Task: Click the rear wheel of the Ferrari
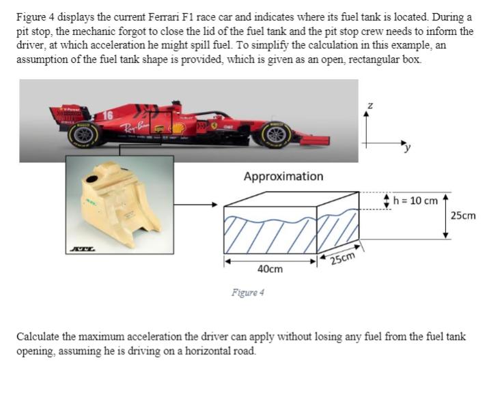click(x=85, y=134)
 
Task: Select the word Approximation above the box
click(x=283, y=176)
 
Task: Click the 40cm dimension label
click(x=270, y=270)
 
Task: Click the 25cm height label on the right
click(x=464, y=216)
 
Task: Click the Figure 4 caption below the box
click(x=247, y=292)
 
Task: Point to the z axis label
click(x=370, y=107)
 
